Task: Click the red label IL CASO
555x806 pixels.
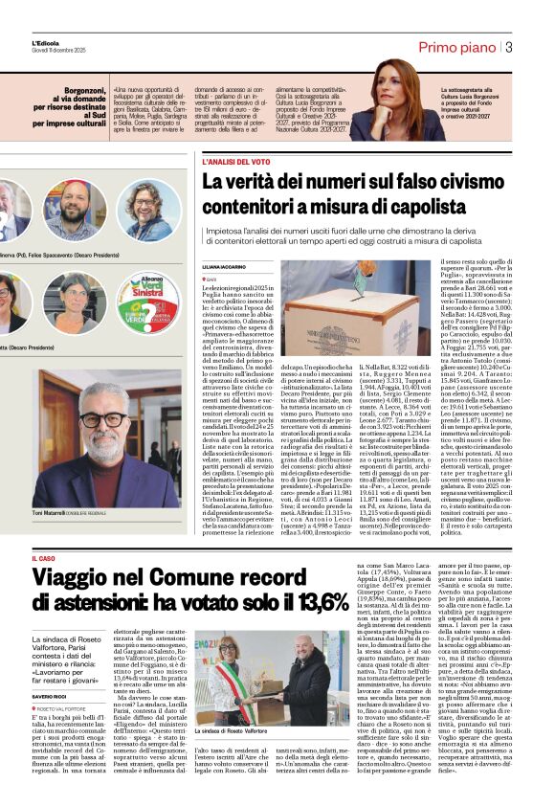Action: (45, 557)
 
